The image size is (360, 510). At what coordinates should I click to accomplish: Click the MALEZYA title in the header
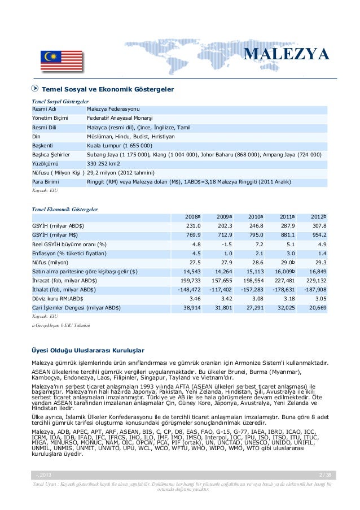(287, 55)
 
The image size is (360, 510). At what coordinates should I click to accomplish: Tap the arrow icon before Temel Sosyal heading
(36, 89)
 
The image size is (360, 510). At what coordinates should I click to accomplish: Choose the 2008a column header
(193, 216)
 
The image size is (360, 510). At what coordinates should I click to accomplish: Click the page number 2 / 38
(326, 474)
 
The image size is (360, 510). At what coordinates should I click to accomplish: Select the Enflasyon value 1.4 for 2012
(322, 253)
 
